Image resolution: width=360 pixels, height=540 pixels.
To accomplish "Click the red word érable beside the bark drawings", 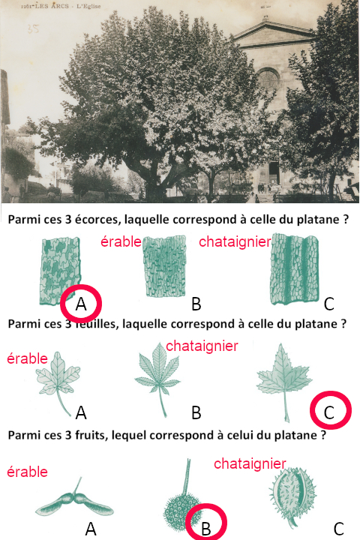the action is pyautogui.click(x=121, y=241).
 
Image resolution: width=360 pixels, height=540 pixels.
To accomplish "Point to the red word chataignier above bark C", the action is pyautogui.click(x=235, y=241).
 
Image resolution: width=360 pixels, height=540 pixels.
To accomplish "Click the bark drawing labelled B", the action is pyautogui.click(x=165, y=266).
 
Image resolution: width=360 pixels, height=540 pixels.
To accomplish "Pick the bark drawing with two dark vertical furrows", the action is pyautogui.click(x=295, y=269).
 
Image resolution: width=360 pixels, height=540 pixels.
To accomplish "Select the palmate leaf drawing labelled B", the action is pyautogui.click(x=157, y=379).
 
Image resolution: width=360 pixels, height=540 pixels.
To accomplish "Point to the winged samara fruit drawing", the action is pyautogui.click(x=74, y=502).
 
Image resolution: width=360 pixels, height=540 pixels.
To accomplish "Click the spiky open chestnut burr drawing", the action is pyautogui.click(x=292, y=496).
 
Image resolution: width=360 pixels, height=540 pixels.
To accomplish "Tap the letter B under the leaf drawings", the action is pyautogui.click(x=196, y=412).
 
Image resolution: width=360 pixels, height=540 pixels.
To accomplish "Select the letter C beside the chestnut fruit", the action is pyautogui.click(x=339, y=529).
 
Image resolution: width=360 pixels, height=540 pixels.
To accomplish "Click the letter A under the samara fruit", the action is pyautogui.click(x=91, y=529).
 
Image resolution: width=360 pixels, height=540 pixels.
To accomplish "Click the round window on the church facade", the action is pyautogui.click(x=268, y=79).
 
